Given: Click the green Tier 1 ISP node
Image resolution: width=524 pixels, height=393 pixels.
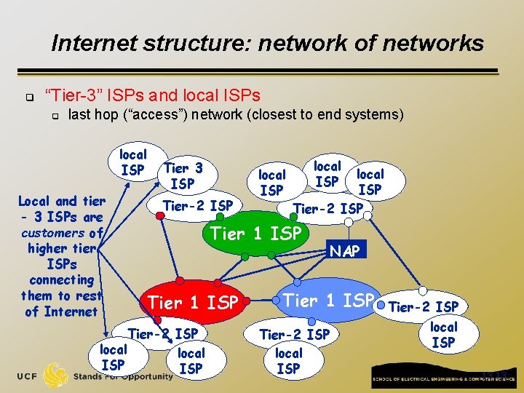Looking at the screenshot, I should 255,234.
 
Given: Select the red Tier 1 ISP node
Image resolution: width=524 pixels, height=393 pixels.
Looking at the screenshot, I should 192,301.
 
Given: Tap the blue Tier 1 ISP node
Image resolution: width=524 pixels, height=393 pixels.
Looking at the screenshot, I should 328,300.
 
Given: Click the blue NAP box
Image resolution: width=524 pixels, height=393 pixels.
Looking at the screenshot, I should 345,251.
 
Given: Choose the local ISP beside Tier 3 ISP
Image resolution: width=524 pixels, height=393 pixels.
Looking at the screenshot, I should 133,162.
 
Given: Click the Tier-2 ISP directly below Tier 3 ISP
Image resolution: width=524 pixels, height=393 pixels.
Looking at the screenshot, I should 198,206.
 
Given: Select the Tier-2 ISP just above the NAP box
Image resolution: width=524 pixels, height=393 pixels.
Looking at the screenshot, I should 327,209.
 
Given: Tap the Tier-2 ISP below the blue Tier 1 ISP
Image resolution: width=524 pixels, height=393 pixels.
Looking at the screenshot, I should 295,335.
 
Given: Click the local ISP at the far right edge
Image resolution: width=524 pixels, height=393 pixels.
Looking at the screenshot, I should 443,334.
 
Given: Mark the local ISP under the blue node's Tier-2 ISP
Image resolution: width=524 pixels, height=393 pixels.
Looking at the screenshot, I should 288,361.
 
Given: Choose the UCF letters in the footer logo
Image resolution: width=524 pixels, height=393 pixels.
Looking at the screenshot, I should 28,376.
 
